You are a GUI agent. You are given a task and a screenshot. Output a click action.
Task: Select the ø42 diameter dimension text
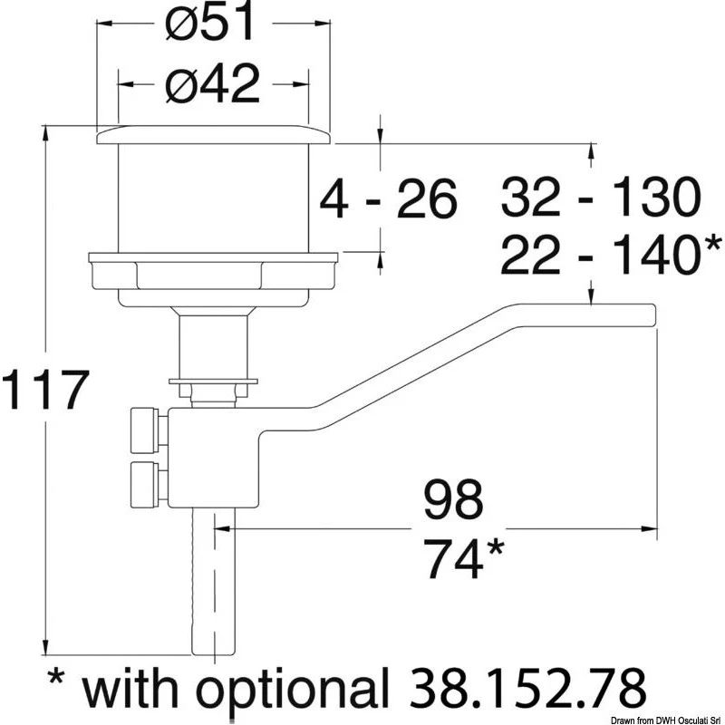pyautogui.click(x=212, y=84)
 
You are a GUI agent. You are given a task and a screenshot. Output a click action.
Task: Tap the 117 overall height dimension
pyautogui.click(x=45, y=390)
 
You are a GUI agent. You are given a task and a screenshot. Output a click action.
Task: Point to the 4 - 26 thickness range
pyautogui.click(x=389, y=198)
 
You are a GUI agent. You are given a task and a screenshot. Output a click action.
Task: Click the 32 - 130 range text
pyautogui.click(x=601, y=197)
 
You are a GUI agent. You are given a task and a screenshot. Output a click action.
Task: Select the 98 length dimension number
pyautogui.click(x=453, y=499)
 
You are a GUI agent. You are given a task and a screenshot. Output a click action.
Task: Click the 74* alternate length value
pyautogui.click(x=464, y=558)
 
